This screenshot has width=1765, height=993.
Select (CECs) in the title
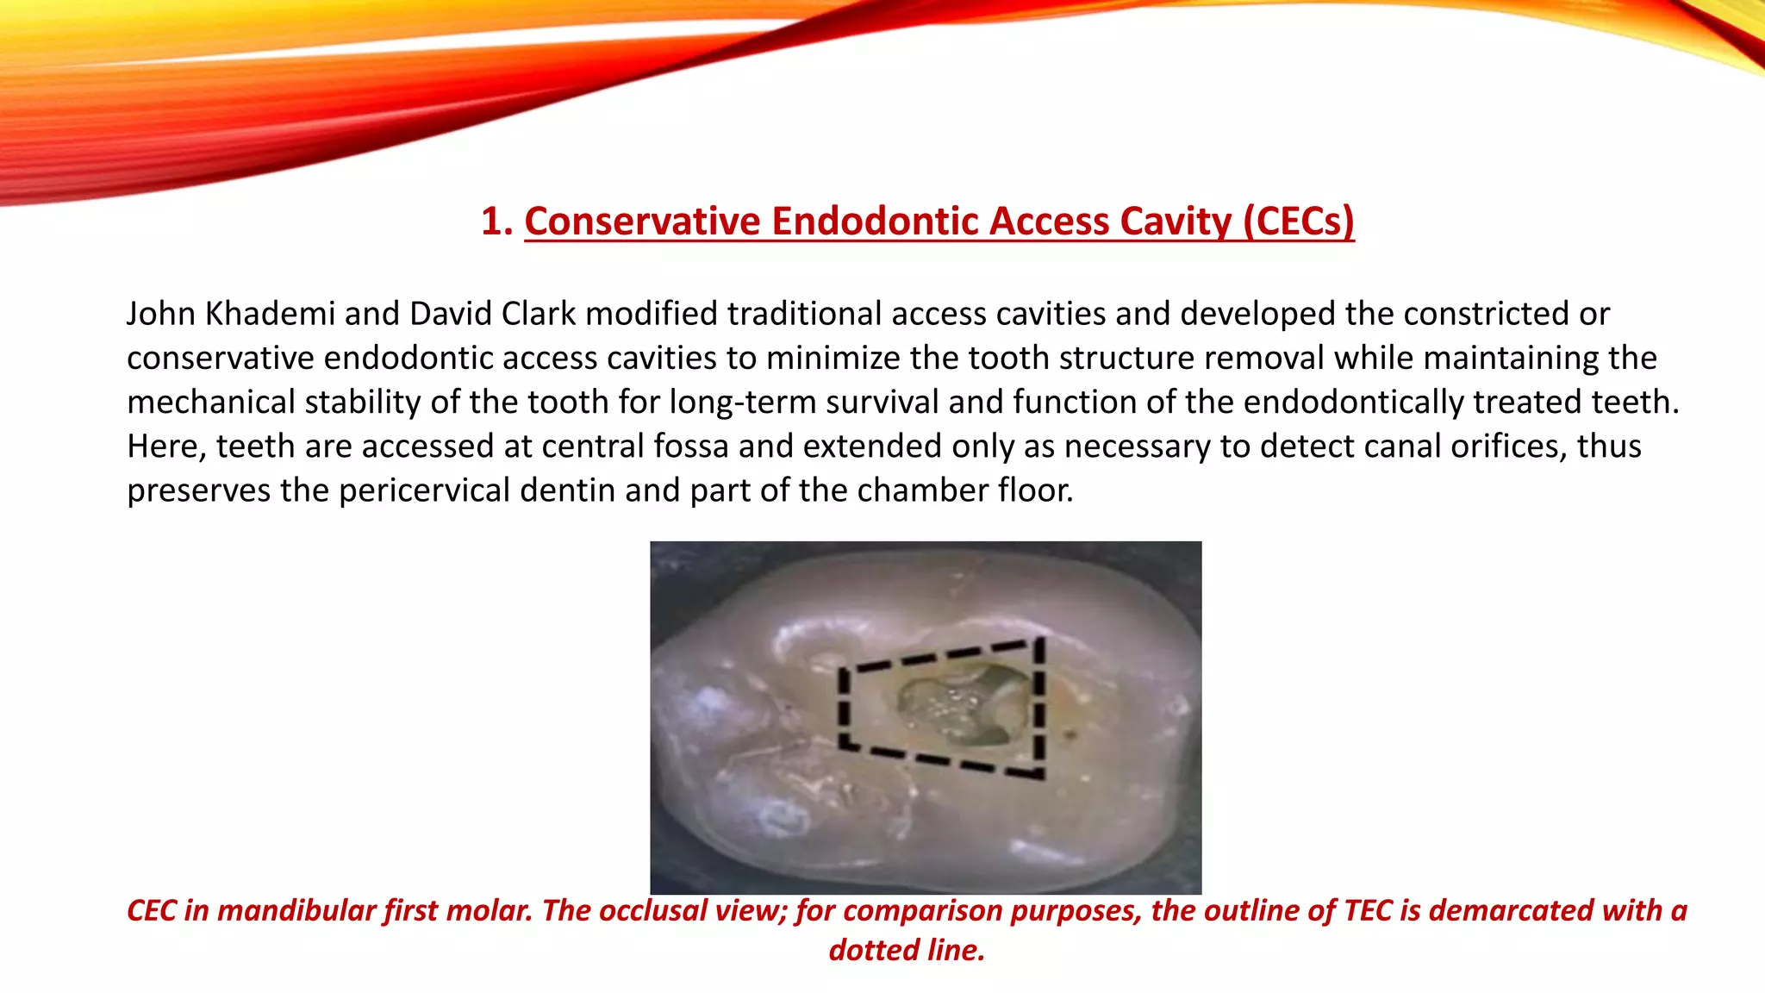tap(1298, 221)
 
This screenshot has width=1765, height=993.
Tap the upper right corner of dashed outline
tap(1039, 640)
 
